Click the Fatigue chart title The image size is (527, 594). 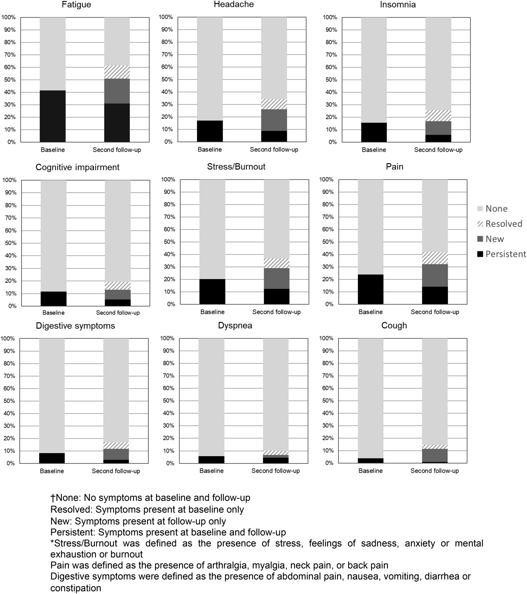tap(76, 5)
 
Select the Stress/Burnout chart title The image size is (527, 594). tap(236, 167)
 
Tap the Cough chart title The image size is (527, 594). tap(394, 325)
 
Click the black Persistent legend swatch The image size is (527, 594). tap(480, 254)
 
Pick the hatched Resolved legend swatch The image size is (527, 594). tap(480, 224)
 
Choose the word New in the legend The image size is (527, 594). tap(495, 239)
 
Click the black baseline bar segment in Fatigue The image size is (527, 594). tap(53, 116)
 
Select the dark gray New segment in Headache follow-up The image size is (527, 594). tap(274, 120)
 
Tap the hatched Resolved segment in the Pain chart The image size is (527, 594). tap(435, 258)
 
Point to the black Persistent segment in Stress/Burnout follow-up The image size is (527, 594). tap(276, 296)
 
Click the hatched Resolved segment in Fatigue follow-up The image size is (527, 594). tap(117, 72)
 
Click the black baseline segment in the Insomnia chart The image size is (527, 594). tap(374, 132)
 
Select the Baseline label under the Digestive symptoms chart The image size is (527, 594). tap(52, 471)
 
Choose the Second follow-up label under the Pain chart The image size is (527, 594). tap(435, 312)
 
